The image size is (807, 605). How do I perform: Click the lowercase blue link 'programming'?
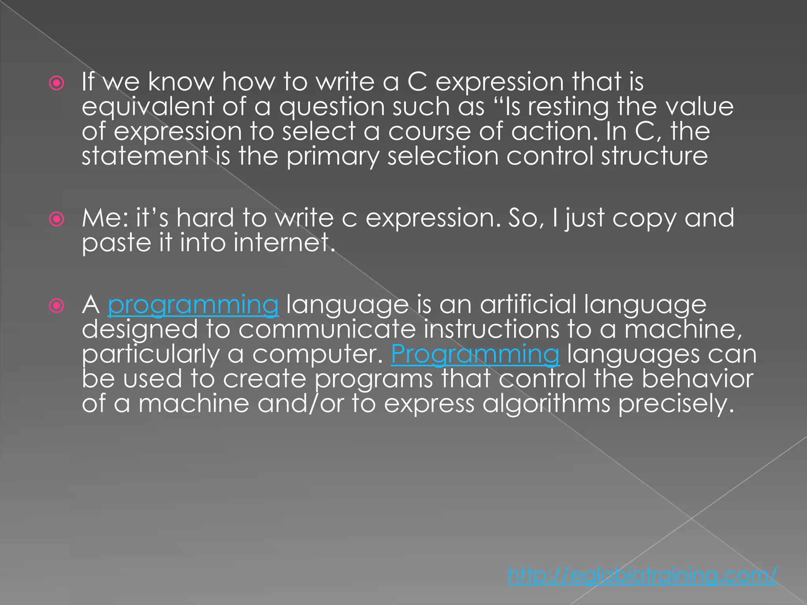193,305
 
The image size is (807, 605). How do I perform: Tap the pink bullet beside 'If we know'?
57,83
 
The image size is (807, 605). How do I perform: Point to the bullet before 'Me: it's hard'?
57,219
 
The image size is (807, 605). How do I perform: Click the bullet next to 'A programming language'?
57,306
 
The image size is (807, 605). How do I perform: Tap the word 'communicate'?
327,329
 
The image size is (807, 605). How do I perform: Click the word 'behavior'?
697,379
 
